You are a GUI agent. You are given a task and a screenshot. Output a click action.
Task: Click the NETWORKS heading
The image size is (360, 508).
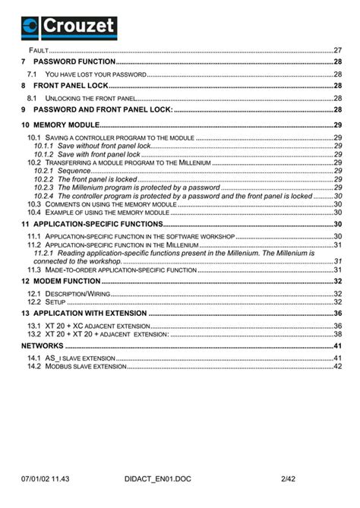[x=43, y=346]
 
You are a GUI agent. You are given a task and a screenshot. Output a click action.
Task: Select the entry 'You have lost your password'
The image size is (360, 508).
[x=94, y=74]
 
